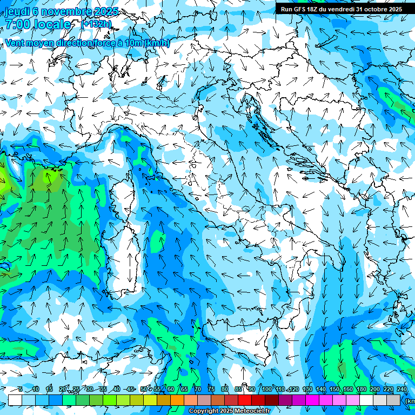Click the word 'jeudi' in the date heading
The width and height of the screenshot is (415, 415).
(17, 11)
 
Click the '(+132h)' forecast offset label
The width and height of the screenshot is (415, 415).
(96, 24)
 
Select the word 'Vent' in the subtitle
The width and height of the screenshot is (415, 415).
(15, 43)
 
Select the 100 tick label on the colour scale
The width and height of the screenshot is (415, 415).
(266, 389)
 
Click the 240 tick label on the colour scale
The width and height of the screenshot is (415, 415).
(401, 389)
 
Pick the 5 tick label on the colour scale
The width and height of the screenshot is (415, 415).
(21, 389)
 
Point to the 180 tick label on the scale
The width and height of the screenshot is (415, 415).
(361, 389)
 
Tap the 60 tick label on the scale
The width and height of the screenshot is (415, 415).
(170, 389)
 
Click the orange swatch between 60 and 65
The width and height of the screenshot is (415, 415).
(177, 400)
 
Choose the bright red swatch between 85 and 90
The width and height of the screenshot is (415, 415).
(245, 400)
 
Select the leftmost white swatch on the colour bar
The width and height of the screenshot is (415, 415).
(15, 400)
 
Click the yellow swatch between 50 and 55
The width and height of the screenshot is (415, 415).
(150, 400)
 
